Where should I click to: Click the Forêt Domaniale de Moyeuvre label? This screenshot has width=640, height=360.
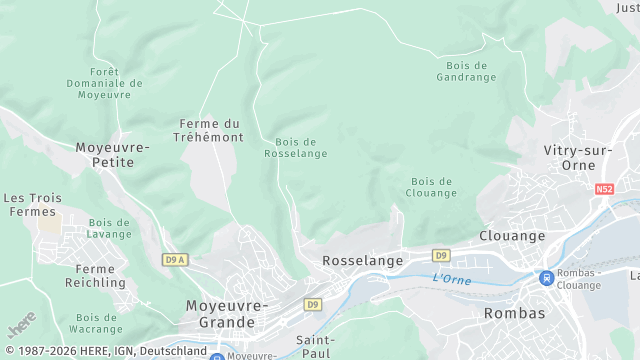click(x=104, y=84)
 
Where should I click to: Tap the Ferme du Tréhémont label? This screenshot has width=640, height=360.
click(x=211, y=131)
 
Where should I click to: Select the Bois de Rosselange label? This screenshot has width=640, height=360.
click(x=295, y=148)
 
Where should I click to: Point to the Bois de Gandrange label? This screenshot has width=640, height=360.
click(x=466, y=71)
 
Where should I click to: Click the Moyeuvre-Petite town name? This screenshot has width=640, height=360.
click(x=112, y=154)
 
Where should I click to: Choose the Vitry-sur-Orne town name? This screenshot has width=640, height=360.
click(x=576, y=157)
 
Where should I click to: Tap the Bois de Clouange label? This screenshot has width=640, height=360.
click(x=432, y=187)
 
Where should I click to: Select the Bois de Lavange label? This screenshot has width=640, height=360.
click(x=109, y=228)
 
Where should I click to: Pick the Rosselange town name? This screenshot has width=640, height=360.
click(x=362, y=260)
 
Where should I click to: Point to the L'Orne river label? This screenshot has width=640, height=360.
click(x=451, y=278)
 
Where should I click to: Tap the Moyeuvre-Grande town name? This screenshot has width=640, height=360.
click(x=227, y=313)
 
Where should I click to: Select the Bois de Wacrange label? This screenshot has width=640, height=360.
click(x=96, y=323)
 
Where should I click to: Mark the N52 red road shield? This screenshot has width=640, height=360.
click(x=603, y=188)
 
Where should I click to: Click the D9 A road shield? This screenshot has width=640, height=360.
click(x=175, y=259)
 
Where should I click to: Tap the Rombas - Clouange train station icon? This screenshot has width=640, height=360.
click(x=546, y=278)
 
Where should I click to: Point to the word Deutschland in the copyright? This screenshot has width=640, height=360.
click(x=172, y=352)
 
